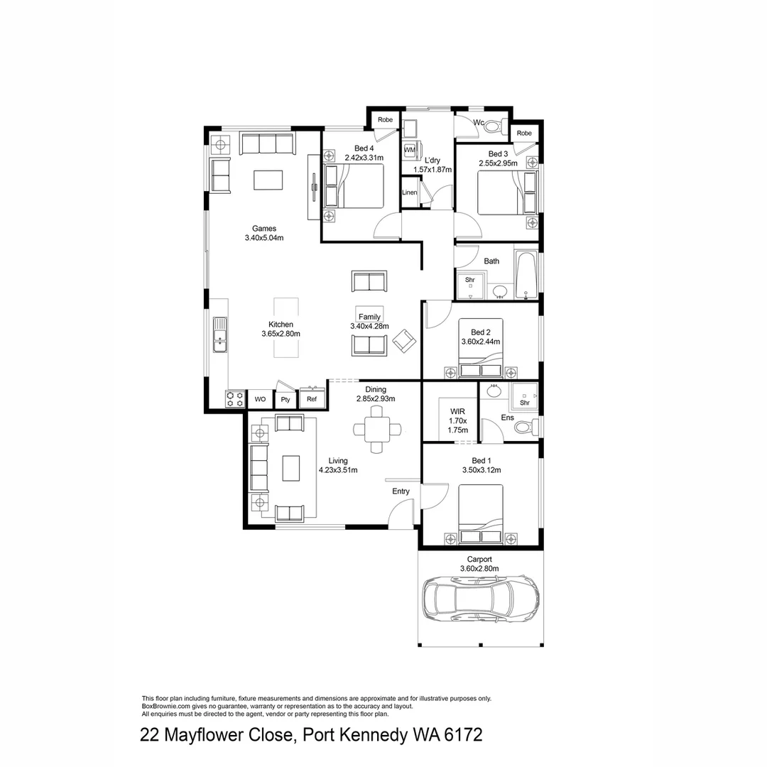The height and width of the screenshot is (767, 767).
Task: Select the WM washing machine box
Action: click(x=409, y=150)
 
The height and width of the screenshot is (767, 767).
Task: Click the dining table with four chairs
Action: click(x=376, y=430)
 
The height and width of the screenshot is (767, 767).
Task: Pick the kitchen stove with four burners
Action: click(x=235, y=399)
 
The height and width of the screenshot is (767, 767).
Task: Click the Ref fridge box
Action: click(x=312, y=398)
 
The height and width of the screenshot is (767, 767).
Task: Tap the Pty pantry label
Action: click(x=285, y=400)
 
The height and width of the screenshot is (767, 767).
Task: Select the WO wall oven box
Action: click(x=261, y=400)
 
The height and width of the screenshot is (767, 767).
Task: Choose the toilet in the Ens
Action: click(x=526, y=428)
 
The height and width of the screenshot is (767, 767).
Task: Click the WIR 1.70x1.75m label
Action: click(x=457, y=420)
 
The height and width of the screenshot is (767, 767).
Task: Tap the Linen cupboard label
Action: click(x=409, y=192)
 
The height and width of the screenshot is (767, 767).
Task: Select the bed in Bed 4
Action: click(x=353, y=186)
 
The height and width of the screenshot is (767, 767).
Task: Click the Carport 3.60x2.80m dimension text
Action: click(x=479, y=564)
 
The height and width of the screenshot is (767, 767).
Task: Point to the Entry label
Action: click(x=401, y=491)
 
